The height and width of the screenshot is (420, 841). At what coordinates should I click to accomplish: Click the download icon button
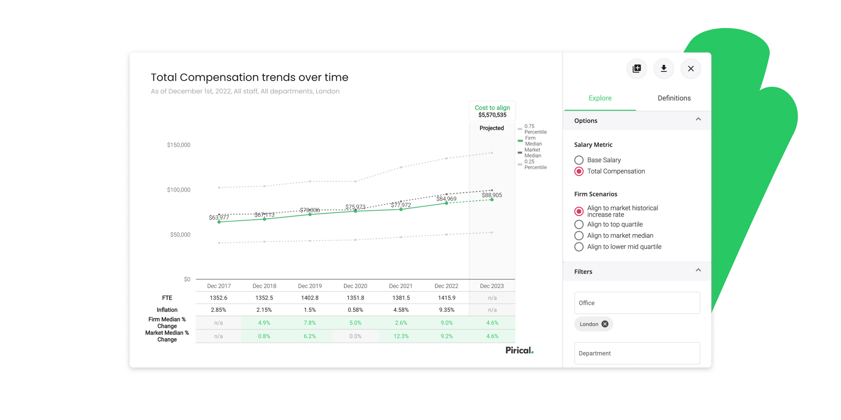point(664,69)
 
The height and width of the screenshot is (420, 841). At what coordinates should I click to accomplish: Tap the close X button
point(691,69)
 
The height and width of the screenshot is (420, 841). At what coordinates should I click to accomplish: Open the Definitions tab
point(674,98)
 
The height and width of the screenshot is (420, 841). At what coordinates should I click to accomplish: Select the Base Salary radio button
point(579,160)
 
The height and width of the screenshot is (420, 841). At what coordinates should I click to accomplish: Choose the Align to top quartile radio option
point(579,224)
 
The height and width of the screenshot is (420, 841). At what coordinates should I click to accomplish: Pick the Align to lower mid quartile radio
point(579,247)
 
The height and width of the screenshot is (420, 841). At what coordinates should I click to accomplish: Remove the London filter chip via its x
point(605,324)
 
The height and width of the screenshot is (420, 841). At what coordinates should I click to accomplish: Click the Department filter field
point(637,353)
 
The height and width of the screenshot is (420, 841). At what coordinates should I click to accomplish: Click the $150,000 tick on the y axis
point(179,145)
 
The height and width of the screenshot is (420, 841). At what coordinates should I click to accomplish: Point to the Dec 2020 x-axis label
point(355,286)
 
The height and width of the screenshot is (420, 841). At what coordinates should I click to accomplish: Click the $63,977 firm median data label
point(219,217)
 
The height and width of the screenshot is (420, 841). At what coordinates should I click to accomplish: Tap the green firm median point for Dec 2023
point(492,200)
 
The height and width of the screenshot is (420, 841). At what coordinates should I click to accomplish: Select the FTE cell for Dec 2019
point(310,298)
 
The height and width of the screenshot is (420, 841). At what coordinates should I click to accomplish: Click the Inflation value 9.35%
point(446,310)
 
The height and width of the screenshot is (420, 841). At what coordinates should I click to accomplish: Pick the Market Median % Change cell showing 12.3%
point(401,336)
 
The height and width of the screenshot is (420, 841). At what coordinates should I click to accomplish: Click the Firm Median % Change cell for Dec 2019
point(310,323)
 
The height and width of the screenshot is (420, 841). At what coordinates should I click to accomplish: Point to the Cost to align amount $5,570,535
point(492,115)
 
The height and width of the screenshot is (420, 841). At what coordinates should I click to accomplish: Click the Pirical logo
point(519,350)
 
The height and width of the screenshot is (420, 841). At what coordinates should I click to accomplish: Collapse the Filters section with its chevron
point(698,270)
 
